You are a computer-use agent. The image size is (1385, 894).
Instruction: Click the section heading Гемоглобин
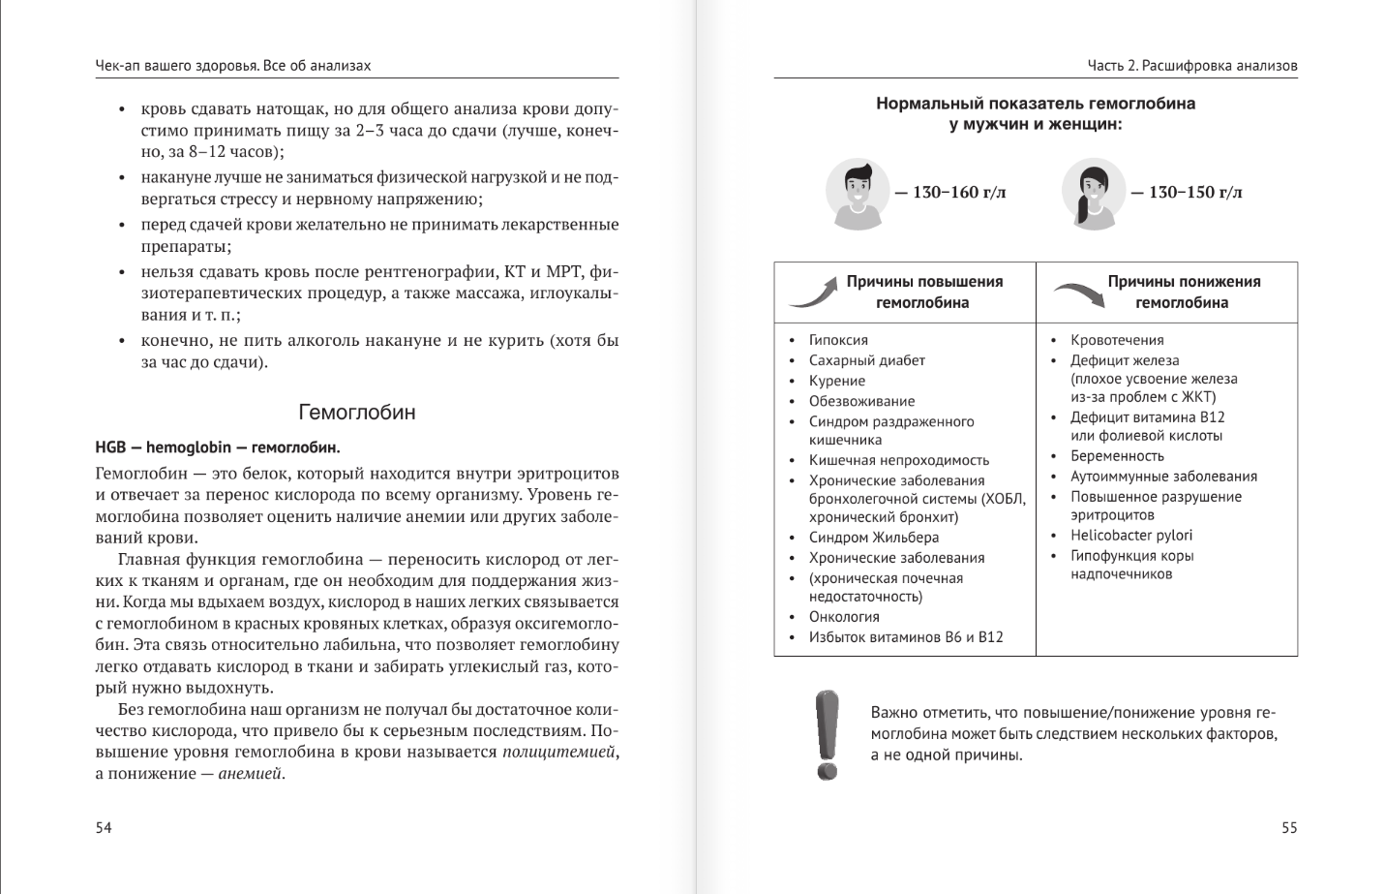356,413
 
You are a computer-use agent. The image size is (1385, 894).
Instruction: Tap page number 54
104,827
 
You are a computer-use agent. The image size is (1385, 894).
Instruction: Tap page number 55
1288,827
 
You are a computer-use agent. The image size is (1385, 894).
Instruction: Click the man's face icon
858,193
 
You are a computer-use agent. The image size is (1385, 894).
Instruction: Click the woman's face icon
1094,193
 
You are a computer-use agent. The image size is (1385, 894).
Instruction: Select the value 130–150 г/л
1194,193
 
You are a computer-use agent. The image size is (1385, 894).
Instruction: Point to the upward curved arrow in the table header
812,292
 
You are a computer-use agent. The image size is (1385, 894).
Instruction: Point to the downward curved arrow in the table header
1078,293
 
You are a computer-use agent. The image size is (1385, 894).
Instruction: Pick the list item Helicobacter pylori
1130,535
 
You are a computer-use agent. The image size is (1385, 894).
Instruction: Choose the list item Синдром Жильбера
873,538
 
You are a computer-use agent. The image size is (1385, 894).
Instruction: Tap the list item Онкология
844,617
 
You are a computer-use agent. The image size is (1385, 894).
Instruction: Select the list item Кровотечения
1117,340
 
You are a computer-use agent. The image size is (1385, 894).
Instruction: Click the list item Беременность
1117,456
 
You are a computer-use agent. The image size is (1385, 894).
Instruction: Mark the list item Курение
837,381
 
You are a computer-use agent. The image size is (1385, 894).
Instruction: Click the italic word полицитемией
559,753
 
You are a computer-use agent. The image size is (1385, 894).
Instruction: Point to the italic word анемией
250,774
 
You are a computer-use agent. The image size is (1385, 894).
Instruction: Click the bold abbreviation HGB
111,447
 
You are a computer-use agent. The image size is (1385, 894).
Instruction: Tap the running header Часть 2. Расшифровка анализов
1191,66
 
